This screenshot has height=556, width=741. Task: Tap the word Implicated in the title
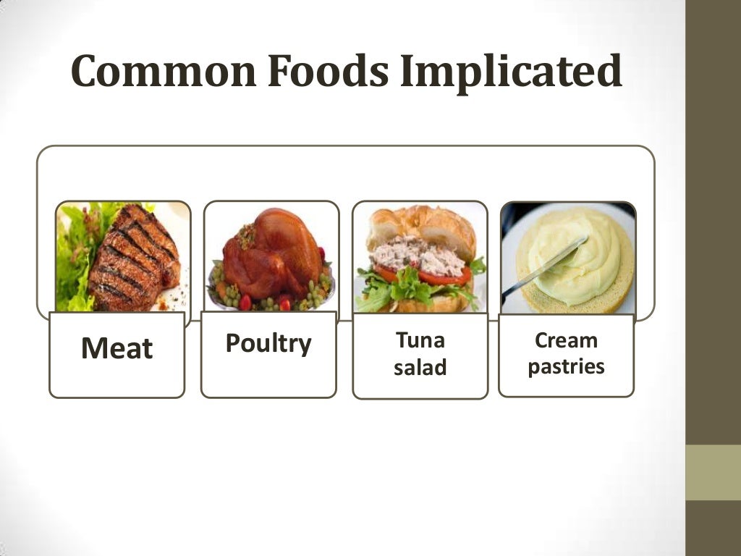[x=511, y=72]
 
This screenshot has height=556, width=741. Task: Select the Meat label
[x=117, y=349]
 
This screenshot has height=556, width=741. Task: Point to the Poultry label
[x=268, y=342]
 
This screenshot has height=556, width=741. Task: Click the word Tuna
[x=420, y=340]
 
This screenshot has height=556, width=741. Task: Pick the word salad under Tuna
[x=420, y=368]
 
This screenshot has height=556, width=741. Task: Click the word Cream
[x=566, y=340]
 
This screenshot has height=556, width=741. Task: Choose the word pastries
[x=566, y=366]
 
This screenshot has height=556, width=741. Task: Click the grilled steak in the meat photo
[x=134, y=257]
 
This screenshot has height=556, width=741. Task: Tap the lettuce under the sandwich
[x=405, y=293]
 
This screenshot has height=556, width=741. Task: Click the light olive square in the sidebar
[x=713, y=472]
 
